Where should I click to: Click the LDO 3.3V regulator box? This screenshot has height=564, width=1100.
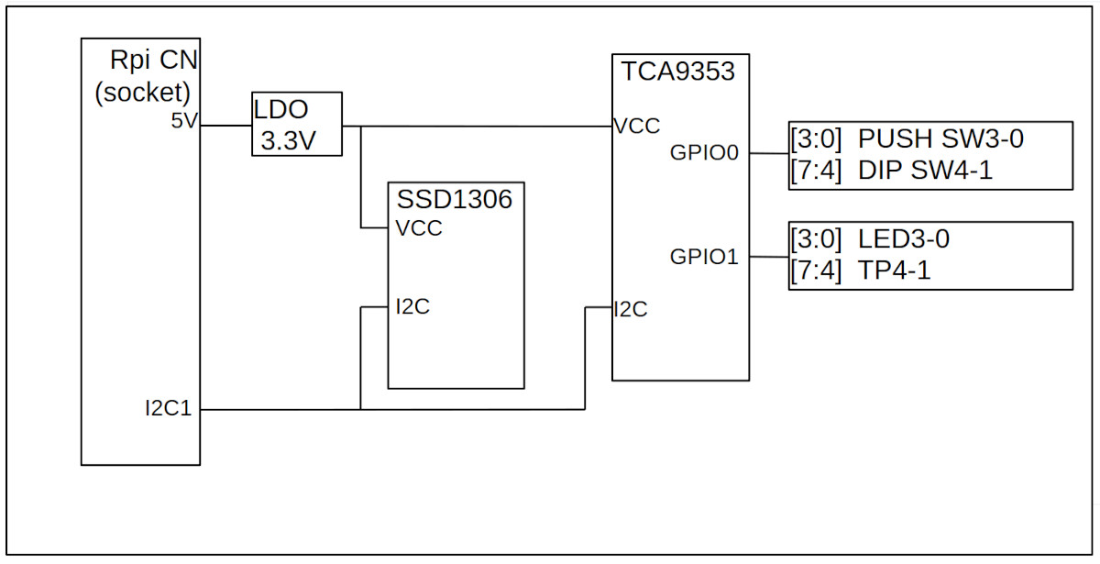(296, 124)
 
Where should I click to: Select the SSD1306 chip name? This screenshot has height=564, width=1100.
(454, 199)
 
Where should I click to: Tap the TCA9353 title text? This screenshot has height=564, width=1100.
(679, 72)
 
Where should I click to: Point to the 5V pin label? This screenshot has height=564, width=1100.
(184, 121)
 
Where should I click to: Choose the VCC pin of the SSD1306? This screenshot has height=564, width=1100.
(419, 228)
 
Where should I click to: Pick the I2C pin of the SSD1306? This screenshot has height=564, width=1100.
(412, 306)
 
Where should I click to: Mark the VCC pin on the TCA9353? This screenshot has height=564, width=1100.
(637, 127)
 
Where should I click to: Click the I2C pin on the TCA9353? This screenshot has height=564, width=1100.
(631, 310)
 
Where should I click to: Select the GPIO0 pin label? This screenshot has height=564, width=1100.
(704, 154)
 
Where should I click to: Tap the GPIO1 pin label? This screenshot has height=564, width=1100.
(704, 258)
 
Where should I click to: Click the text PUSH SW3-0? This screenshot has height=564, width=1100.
(940, 140)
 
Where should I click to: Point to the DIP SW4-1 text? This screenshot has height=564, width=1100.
(925, 170)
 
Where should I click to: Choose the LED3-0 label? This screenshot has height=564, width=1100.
(904, 240)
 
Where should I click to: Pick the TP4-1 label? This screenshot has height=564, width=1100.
(895, 270)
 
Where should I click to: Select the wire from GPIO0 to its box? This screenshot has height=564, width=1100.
(769, 154)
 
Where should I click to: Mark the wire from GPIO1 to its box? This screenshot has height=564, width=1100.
(769, 258)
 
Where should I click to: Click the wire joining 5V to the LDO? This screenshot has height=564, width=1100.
(225, 125)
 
